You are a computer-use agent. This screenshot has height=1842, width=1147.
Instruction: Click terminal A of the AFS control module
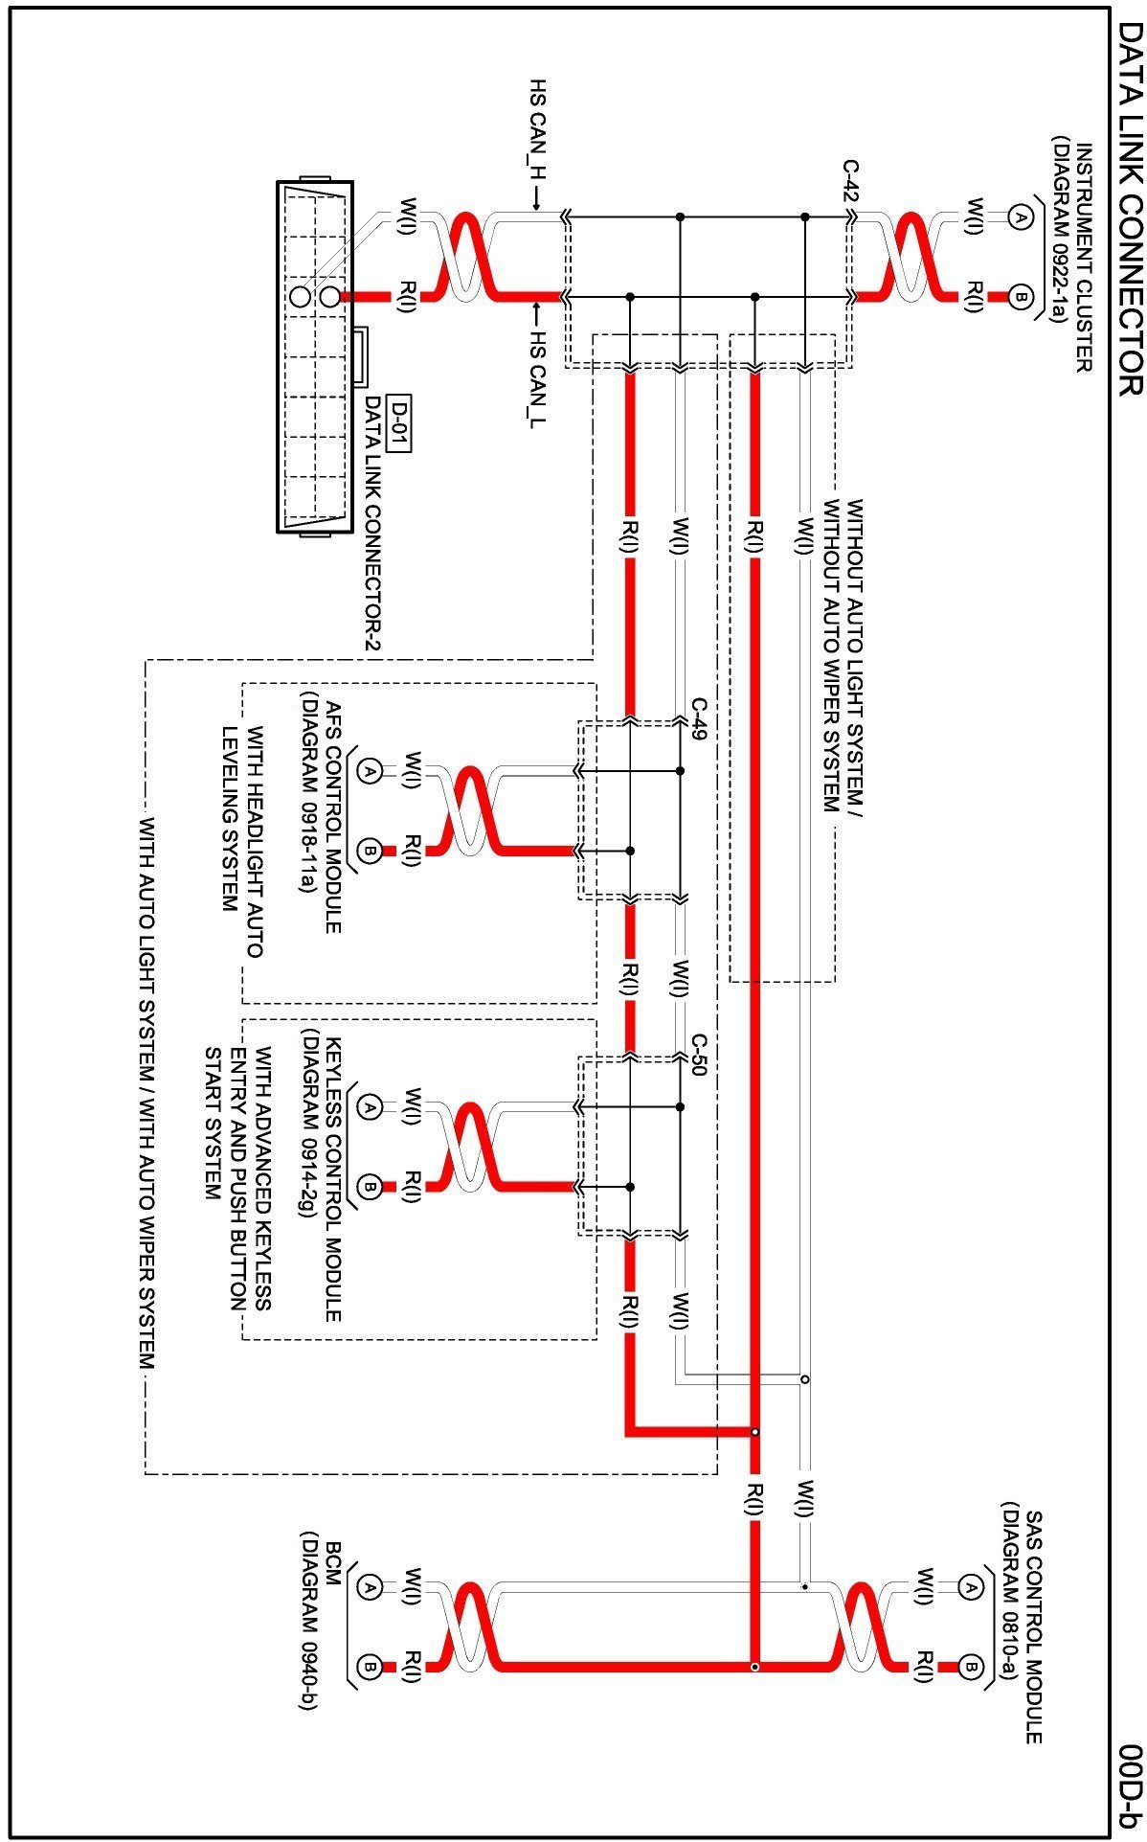pos(370,769)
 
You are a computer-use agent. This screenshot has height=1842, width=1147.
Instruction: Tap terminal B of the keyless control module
pos(370,1188)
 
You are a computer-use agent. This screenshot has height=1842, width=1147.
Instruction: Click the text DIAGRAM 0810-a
pos(1011,1581)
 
